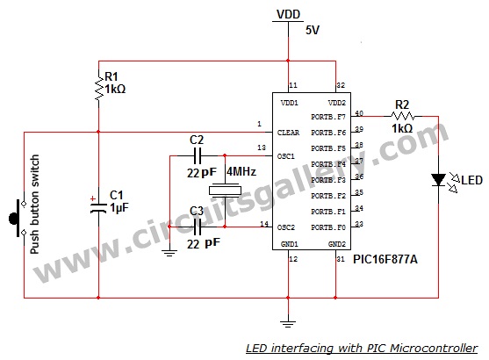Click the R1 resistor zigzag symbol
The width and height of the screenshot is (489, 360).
pos(99,89)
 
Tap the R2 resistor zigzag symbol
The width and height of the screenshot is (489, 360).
pos(403,117)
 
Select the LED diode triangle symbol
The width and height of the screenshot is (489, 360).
pos(438,180)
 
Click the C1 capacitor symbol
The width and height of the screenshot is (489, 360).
pos(98,208)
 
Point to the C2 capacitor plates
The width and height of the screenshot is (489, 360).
pos(198,155)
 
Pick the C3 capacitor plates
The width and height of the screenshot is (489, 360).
pos(198,227)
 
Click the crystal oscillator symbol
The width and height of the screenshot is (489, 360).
pos(225,191)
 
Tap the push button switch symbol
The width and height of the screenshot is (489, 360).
pos(18,219)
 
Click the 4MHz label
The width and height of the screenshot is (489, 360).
pos(241,171)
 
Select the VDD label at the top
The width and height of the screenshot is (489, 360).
pos(289,14)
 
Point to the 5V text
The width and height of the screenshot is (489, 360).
pos(313,30)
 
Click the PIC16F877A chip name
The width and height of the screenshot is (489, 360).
pos(385,259)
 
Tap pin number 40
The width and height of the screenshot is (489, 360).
pos(359,113)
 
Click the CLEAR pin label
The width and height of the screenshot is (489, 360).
pos(289,133)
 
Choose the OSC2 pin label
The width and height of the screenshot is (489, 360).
pos(286,227)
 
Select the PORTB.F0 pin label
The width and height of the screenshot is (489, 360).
pos(328,227)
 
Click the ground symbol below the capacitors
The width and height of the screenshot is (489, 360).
pos(169,253)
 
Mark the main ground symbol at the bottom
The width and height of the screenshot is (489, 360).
pos(288,324)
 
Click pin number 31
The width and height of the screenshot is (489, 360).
pos(341,259)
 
